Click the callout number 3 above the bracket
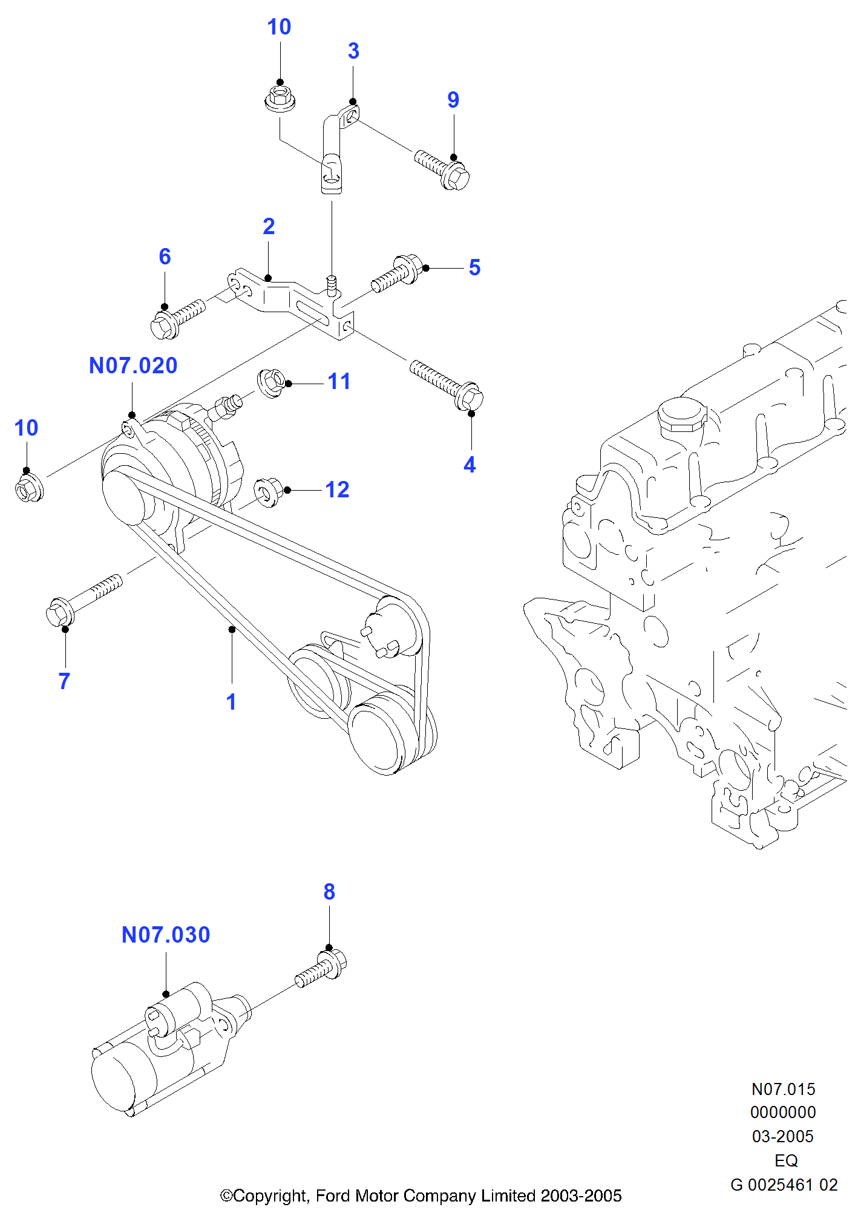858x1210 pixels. (353, 51)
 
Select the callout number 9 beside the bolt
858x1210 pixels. (453, 100)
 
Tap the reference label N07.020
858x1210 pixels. (133, 366)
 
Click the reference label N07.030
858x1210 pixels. (166, 935)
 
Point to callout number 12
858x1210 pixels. (337, 490)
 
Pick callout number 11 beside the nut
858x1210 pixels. (339, 382)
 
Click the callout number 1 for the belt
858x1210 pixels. (231, 702)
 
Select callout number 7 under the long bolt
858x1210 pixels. (64, 681)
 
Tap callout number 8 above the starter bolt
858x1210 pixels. (329, 892)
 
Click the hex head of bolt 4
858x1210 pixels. (470, 397)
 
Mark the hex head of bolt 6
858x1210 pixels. (162, 325)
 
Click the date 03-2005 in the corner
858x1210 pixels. (782, 1137)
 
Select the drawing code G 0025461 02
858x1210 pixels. (784, 1185)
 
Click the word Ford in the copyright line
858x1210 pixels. (333, 1196)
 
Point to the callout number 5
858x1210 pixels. (474, 268)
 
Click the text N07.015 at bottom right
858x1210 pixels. (783, 1090)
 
